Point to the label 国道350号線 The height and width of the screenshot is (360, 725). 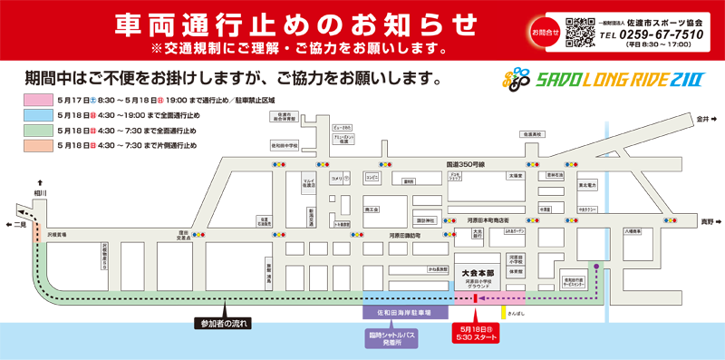point(466,164)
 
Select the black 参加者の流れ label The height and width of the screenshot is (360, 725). point(222,322)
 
